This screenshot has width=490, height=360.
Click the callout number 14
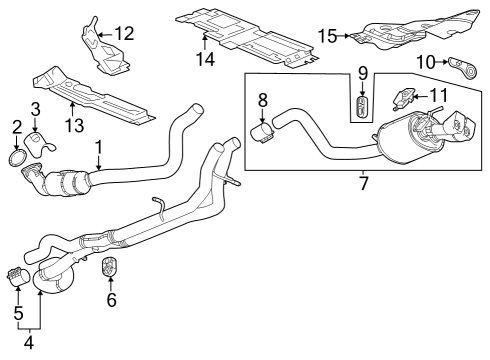click(x=206, y=59)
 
